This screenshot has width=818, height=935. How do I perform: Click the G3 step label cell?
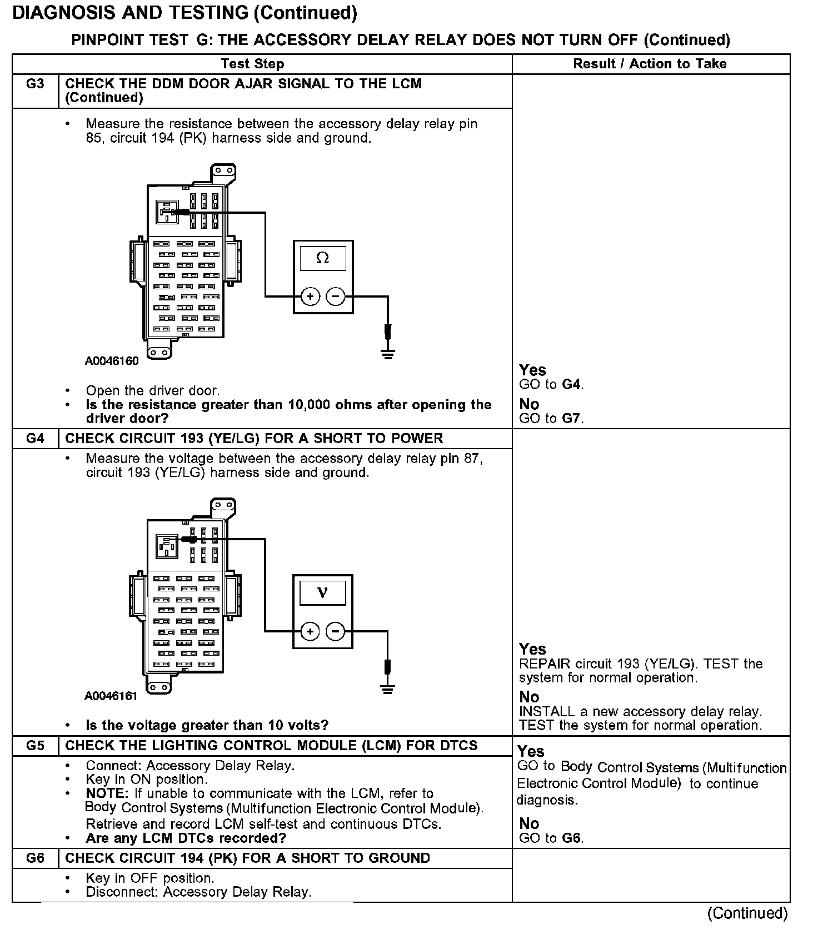point(35,84)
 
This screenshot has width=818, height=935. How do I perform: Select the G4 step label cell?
point(35,439)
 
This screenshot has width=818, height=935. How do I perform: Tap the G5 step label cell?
point(35,746)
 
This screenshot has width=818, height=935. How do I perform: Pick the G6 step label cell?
point(35,858)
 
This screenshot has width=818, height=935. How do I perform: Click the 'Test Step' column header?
point(252,64)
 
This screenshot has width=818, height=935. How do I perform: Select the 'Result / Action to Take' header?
point(650,64)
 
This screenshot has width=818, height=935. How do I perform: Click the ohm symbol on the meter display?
point(322,258)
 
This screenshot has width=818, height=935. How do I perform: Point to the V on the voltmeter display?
point(322,592)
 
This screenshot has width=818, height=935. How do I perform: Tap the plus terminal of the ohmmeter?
point(310,296)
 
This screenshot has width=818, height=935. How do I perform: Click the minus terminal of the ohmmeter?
point(335,296)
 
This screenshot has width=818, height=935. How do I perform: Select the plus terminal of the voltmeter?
point(310,631)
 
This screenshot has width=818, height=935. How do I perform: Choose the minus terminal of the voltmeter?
point(335,631)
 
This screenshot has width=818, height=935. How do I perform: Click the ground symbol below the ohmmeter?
point(388,354)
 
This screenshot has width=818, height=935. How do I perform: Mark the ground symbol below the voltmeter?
point(388,689)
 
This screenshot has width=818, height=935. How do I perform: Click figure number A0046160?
point(112,361)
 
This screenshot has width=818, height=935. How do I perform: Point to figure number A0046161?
point(111,696)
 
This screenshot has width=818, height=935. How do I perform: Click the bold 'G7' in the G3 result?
point(572,419)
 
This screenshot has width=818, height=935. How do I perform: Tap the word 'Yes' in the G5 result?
point(531,752)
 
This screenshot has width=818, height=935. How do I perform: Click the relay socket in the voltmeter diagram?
point(167,546)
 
